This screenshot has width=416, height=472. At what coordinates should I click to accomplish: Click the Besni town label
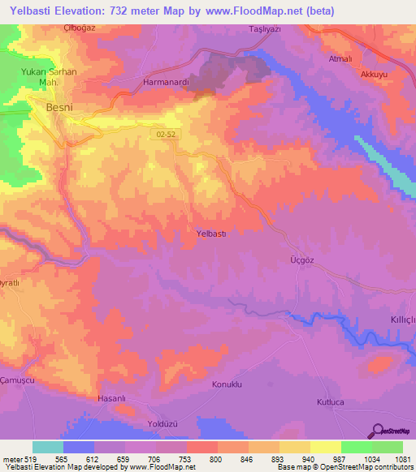[51, 106]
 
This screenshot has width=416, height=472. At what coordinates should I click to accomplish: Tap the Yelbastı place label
[216, 234]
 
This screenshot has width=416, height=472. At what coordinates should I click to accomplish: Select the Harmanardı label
[166, 83]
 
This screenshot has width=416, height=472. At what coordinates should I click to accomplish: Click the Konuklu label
[227, 383]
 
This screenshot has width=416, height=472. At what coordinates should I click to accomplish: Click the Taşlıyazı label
[264, 29]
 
